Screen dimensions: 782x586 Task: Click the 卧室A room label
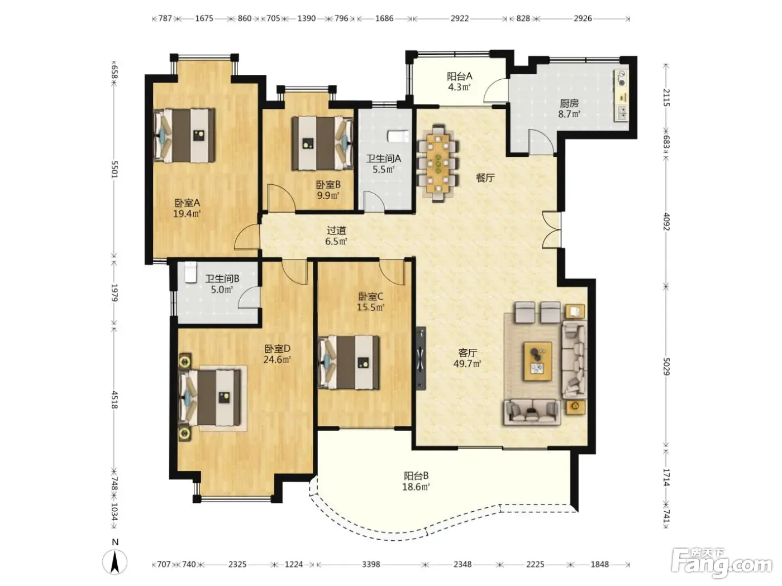(x=187, y=203)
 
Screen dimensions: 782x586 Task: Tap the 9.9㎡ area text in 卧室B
(x=328, y=195)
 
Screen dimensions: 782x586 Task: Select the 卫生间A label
(x=384, y=158)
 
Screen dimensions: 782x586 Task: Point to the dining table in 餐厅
(x=438, y=164)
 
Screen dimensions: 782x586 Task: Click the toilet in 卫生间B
(x=190, y=272)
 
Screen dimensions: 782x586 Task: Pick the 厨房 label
(x=569, y=104)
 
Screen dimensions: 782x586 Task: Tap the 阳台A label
(x=460, y=76)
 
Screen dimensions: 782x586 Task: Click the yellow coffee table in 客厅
(x=537, y=361)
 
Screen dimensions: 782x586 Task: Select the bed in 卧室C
(x=349, y=362)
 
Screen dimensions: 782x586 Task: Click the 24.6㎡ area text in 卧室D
(x=277, y=359)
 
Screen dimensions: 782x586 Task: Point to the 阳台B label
(x=416, y=475)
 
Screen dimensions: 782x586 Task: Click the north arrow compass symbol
(x=115, y=561)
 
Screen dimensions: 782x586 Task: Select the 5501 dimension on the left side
(x=115, y=169)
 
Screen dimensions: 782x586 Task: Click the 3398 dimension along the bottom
(x=371, y=564)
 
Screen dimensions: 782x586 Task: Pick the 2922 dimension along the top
(x=460, y=18)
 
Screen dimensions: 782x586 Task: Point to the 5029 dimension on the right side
(x=666, y=367)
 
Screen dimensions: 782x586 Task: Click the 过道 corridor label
(x=336, y=230)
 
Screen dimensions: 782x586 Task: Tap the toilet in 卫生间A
(x=398, y=136)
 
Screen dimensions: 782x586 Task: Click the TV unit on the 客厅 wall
(x=421, y=359)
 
